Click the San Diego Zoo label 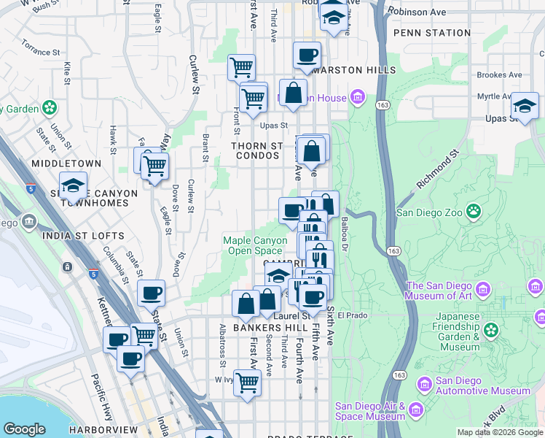click(x=428, y=212)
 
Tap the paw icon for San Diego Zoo click(x=474, y=212)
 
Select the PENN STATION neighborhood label click(x=431, y=33)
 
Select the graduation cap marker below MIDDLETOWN click(x=73, y=185)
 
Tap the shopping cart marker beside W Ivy click(x=248, y=382)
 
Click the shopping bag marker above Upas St click(x=293, y=93)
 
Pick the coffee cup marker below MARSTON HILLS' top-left click(x=307, y=55)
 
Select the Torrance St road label click(x=40, y=52)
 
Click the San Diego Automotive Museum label click(x=483, y=386)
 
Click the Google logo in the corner click(x=25, y=429)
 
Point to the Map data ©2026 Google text click(x=499, y=432)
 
